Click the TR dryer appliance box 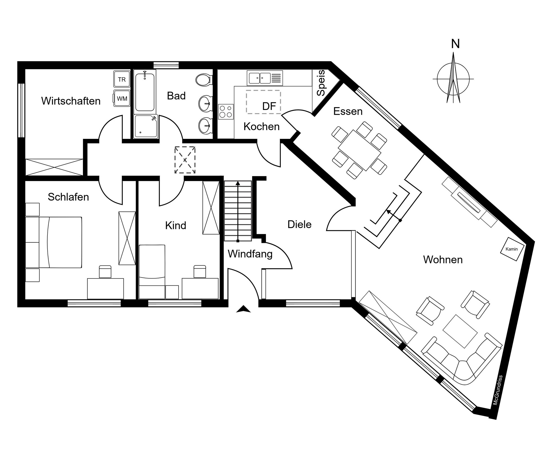click(122, 79)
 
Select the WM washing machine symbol click(122, 98)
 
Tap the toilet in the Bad click(204, 80)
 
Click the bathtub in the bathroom click(145, 92)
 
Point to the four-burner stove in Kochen click(226, 112)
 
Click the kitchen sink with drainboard click(265, 78)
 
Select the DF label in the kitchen click(269, 106)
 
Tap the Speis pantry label click(321, 83)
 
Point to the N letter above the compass click(455, 44)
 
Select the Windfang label click(250, 254)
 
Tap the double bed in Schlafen click(54, 242)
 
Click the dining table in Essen click(360, 150)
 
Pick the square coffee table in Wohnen click(460, 332)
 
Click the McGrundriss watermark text click(498, 390)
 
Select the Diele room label click(299, 224)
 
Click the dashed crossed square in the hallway click(185, 160)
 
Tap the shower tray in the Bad click(146, 126)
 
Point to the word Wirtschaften click(71, 101)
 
